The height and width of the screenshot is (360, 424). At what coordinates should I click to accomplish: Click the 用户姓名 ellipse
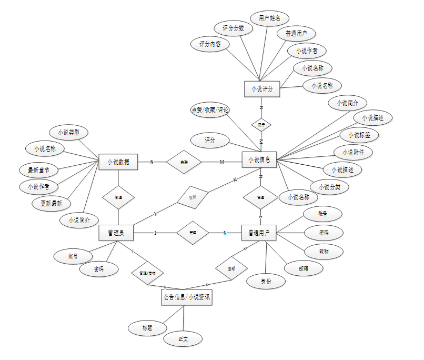(269, 18)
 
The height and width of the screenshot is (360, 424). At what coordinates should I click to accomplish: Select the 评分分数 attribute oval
(233, 28)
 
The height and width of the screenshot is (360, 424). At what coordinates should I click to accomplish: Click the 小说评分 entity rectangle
(262, 89)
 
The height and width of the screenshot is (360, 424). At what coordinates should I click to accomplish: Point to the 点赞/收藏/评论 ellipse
(210, 110)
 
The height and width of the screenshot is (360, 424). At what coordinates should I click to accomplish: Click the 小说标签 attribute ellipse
(359, 135)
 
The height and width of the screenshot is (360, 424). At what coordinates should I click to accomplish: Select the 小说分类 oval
(329, 187)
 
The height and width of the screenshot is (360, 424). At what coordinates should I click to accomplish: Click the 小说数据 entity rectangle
(118, 162)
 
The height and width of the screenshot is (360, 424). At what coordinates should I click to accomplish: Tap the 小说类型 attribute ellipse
(69, 132)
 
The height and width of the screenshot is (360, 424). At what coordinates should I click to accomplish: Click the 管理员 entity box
(116, 232)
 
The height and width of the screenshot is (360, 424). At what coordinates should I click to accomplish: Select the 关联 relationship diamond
(184, 162)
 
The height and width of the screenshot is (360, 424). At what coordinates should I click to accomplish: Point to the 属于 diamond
(261, 125)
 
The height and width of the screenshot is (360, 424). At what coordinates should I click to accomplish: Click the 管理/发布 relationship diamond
(147, 273)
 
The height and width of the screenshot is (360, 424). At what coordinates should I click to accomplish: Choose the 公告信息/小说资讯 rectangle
(186, 298)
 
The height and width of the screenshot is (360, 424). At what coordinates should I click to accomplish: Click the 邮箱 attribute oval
(304, 268)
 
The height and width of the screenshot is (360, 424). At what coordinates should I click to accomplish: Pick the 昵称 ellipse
(324, 252)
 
